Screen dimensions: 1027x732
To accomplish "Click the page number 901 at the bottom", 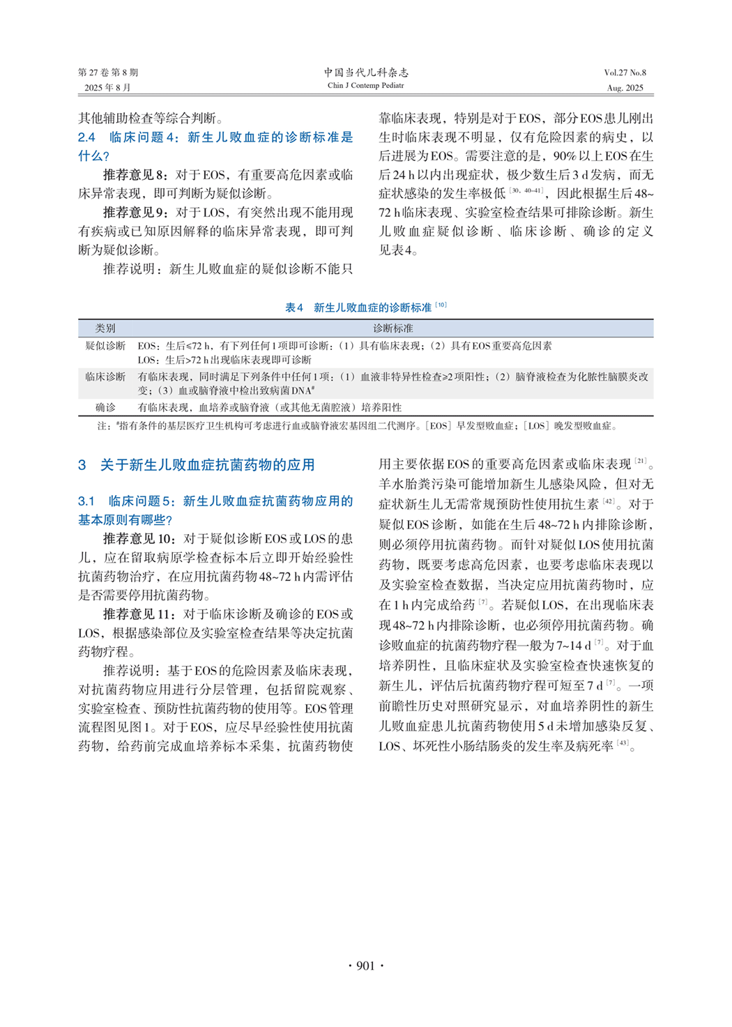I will click(x=365, y=966).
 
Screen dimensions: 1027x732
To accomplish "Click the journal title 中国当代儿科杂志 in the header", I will click(x=365, y=73).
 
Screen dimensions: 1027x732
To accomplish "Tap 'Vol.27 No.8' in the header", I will click(x=625, y=73).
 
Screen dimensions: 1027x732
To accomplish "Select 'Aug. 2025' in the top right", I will click(x=625, y=88).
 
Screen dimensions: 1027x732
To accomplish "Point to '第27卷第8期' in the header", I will click(x=108, y=73).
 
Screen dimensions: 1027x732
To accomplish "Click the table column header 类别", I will click(x=105, y=328).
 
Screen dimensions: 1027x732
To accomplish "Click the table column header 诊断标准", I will click(x=392, y=328).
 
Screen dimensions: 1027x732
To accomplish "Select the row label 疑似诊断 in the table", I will click(x=105, y=346).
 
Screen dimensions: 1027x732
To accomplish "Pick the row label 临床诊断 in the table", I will click(x=105, y=376).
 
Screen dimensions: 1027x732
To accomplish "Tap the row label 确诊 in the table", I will click(x=105, y=407).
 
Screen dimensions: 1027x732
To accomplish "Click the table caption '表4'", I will click(x=294, y=307).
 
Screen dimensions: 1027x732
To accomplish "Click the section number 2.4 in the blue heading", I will click(x=86, y=137).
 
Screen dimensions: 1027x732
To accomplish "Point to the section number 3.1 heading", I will click(x=86, y=501).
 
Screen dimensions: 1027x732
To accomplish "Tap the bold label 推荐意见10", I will click(x=138, y=539).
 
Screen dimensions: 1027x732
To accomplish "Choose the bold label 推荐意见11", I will click(x=138, y=614).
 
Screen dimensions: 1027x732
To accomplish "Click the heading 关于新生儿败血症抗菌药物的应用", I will click(x=207, y=465).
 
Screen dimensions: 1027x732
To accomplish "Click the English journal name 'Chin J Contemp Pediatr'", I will click(x=365, y=86).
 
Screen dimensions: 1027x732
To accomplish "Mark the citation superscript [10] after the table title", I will click(x=441, y=305).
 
